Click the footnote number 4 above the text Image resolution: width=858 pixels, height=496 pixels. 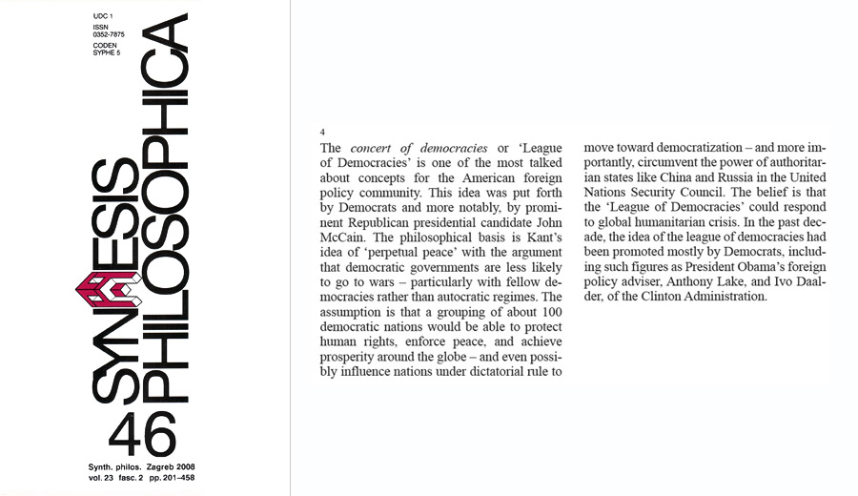tap(323, 133)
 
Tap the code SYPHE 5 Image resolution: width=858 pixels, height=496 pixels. tap(106, 53)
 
